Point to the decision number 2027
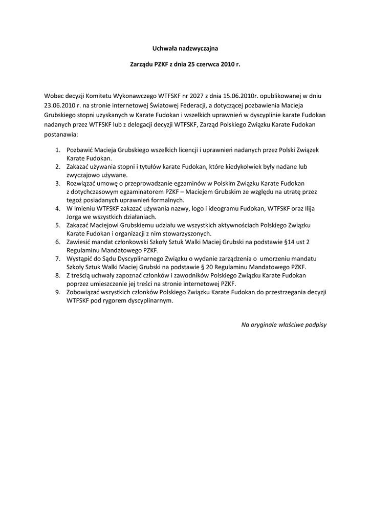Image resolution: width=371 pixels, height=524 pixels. point(182,95)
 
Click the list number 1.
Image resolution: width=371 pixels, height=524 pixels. point(58,150)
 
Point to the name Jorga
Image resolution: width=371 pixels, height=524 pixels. point(75,216)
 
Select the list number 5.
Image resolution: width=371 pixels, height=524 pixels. point(58,225)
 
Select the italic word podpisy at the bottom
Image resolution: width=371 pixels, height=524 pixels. point(314,324)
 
